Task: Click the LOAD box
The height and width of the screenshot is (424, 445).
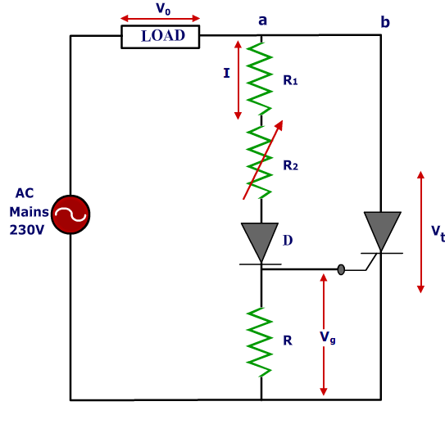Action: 160,36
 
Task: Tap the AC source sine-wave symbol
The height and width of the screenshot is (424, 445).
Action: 70,214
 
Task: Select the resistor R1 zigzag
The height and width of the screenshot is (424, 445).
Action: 261,79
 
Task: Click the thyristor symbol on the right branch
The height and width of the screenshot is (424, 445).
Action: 382,232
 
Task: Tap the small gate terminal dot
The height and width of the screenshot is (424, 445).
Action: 341,269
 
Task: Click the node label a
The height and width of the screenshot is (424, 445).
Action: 262,20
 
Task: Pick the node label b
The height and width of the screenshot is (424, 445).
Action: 384,21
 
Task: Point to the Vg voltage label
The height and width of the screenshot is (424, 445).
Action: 326,337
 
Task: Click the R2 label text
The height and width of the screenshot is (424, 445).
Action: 290,165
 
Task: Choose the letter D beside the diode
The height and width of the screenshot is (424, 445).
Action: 288,241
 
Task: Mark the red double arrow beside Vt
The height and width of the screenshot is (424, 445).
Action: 420,232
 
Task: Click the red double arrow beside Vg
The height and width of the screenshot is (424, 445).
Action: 325,334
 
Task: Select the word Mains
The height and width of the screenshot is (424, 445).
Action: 30,211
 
